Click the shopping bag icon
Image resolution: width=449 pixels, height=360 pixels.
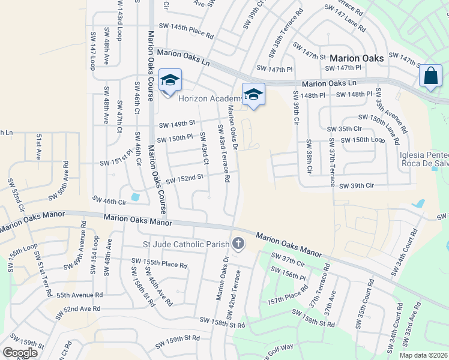(x=430, y=76)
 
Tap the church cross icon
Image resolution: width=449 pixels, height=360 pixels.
(x=238, y=244)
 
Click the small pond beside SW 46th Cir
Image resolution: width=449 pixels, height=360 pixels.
(x=135, y=197)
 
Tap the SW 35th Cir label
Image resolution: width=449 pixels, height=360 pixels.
(x=345, y=129)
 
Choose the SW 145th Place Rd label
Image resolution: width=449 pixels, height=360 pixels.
(x=186, y=27)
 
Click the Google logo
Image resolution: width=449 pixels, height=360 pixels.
(x=20, y=352)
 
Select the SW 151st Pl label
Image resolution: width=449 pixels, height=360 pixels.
(x=116, y=160)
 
